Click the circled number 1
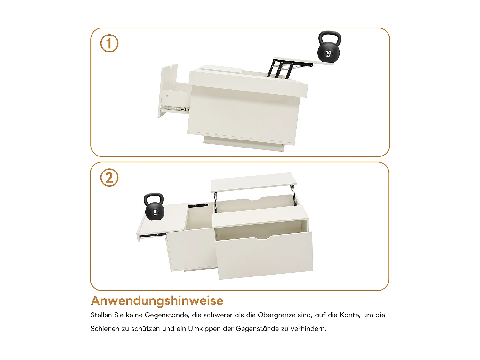[109, 44]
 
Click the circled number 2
[109, 178]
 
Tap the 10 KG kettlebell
[329, 51]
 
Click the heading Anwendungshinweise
[157, 301]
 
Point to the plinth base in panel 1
[243, 144]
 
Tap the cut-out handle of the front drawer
[262, 238]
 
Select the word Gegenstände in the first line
[166, 315]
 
